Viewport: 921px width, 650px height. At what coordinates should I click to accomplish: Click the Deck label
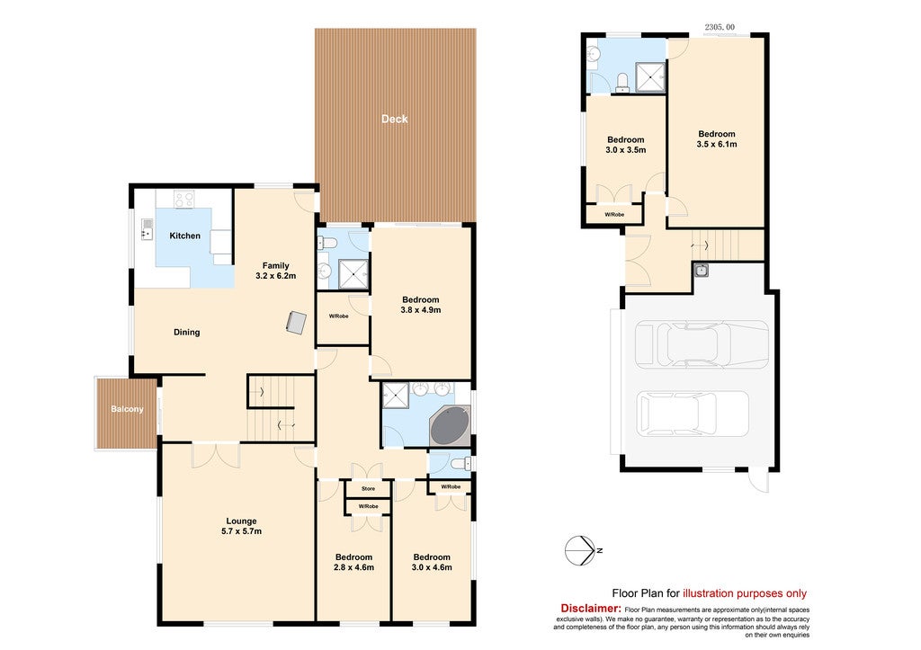(x=394, y=119)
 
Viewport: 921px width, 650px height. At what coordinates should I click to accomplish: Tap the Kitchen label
(x=184, y=236)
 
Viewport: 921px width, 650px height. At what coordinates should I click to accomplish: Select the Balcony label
(x=127, y=409)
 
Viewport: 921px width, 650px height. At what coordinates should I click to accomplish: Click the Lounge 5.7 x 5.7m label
(x=241, y=526)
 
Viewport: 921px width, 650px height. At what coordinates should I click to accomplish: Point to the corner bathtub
(x=450, y=426)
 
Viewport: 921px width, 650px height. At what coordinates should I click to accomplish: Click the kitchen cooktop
(x=183, y=200)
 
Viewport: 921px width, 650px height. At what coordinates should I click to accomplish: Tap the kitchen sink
(x=147, y=229)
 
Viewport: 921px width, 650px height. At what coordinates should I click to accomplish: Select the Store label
(x=368, y=488)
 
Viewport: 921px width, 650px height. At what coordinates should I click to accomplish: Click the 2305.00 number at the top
(x=720, y=27)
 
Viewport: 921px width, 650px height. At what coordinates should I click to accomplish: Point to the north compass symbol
(x=581, y=551)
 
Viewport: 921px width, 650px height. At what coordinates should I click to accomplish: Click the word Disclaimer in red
(x=591, y=609)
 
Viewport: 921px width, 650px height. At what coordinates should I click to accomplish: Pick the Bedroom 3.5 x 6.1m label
(x=717, y=139)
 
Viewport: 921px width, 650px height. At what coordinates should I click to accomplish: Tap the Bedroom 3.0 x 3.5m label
(x=626, y=145)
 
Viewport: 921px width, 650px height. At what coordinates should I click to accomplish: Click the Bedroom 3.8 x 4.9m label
(x=421, y=305)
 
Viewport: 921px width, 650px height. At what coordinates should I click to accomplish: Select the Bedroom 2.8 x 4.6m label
(x=353, y=562)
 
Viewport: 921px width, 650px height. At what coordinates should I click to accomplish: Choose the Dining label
(x=187, y=333)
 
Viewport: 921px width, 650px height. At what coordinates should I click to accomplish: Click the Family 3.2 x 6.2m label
(x=275, y=271)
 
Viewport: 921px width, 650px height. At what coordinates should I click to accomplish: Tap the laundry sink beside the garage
(x=701, y=270)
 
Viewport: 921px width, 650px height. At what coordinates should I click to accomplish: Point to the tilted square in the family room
(x=297, y=323)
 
